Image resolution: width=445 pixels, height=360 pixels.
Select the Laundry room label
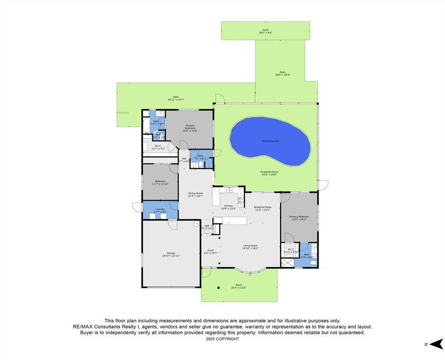tap(160, 210)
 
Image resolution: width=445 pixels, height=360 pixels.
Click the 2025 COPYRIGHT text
tap(222, 339)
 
